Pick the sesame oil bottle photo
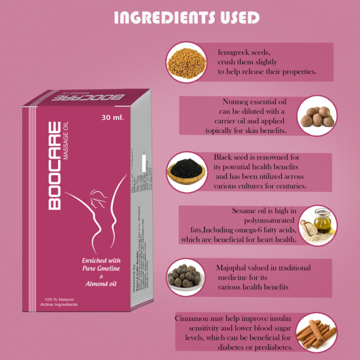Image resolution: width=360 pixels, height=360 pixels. tap(317, 224)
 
